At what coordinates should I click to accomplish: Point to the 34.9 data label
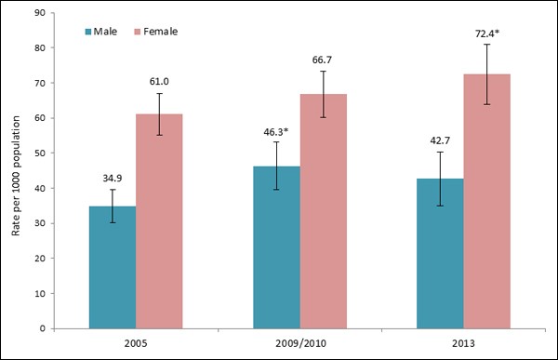click(x=113, y=176)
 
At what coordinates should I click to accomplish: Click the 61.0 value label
click(x=159, y=81)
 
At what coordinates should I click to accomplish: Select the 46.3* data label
click(x=276, y=133)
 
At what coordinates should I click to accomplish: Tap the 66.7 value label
click(x=323, y=60)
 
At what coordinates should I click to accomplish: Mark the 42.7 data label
click(x=440, y=139)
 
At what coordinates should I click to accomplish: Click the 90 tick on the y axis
click(x=42, y=13)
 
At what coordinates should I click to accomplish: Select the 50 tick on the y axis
click(x=42, y=153)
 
